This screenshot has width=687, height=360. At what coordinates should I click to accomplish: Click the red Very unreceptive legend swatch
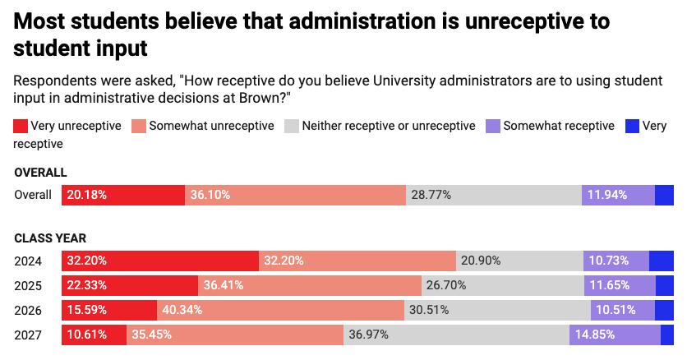[21, 126]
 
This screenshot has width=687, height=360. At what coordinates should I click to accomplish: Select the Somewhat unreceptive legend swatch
[139, 126]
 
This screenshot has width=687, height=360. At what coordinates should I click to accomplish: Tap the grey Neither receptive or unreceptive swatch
[291, 126]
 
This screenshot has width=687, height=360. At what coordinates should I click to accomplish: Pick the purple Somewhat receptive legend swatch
[493, 126]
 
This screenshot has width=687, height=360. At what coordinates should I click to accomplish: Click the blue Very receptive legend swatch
[632, 126]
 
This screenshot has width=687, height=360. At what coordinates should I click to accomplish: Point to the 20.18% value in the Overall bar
[86, 195]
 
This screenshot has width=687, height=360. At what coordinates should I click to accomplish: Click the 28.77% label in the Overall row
[431, 195]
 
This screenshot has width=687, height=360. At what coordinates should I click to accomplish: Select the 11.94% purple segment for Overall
[617, 195]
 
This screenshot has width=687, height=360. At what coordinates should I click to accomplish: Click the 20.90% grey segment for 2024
[519, 261]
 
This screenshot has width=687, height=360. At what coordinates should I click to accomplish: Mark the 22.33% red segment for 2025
[130, 285]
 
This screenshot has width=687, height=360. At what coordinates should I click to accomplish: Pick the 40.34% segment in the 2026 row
[280, 310]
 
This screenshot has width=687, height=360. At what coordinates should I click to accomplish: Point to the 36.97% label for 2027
[369, 335]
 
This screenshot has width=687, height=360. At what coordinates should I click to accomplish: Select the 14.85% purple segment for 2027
[614, 335]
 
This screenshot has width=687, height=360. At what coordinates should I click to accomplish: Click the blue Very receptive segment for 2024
[661, 261]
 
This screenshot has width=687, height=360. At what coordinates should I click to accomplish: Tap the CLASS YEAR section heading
[50, 238]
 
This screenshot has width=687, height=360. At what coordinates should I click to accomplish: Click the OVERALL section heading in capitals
[40, 173]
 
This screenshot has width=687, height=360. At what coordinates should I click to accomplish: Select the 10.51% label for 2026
[611, 310]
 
